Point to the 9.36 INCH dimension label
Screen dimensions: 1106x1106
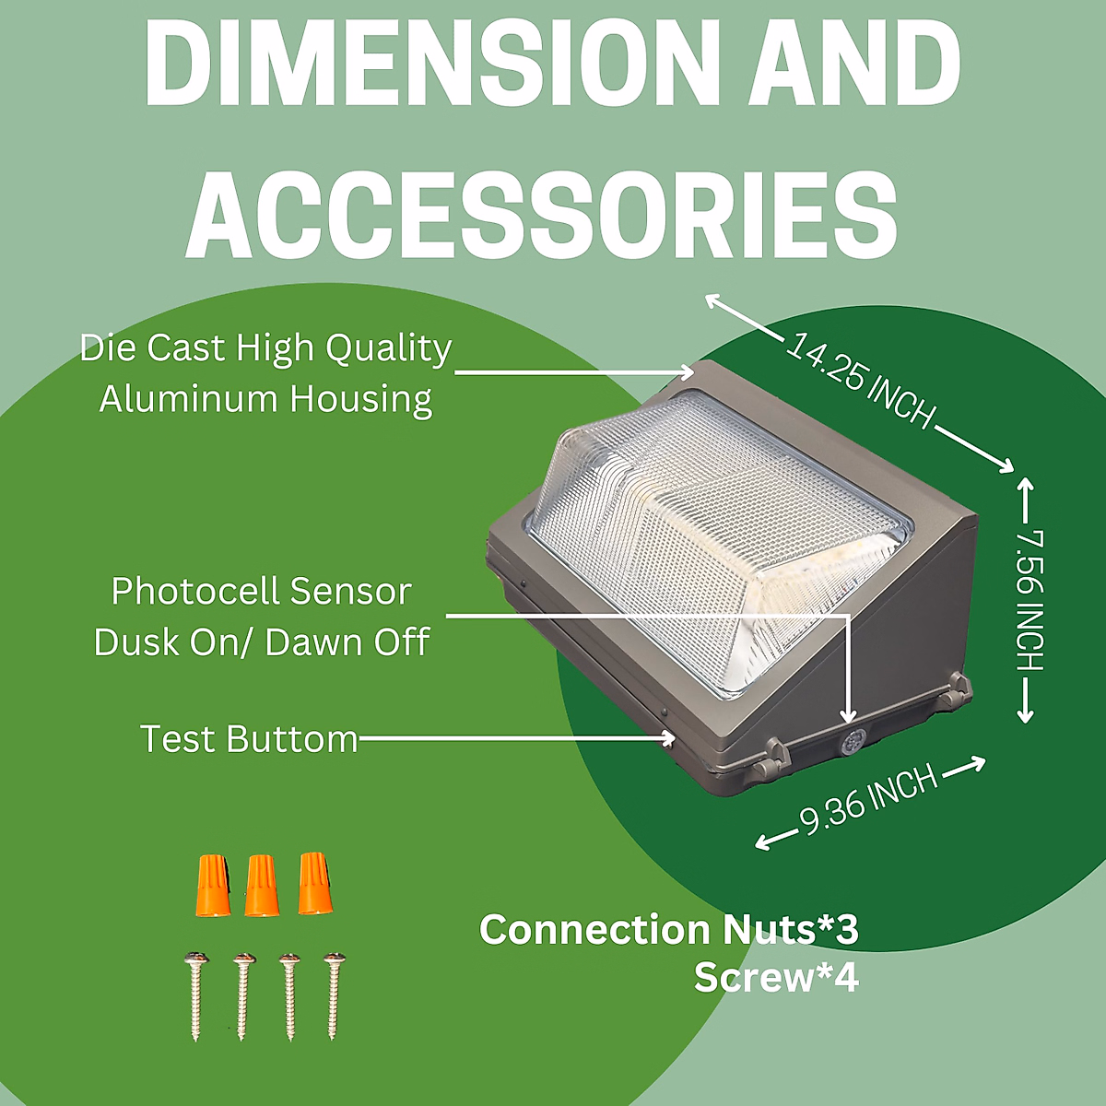(x=867, y=799)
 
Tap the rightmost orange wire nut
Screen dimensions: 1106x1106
(x=313, y=884)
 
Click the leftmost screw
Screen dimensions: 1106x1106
(x=195, y=995)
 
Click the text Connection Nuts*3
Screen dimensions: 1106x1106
(x=668, y=929)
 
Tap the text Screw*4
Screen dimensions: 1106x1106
(x=776, y=978)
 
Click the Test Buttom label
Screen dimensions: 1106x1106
(x=248, y=739)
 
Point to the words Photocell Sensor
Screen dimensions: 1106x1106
(x=261, y=592)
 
